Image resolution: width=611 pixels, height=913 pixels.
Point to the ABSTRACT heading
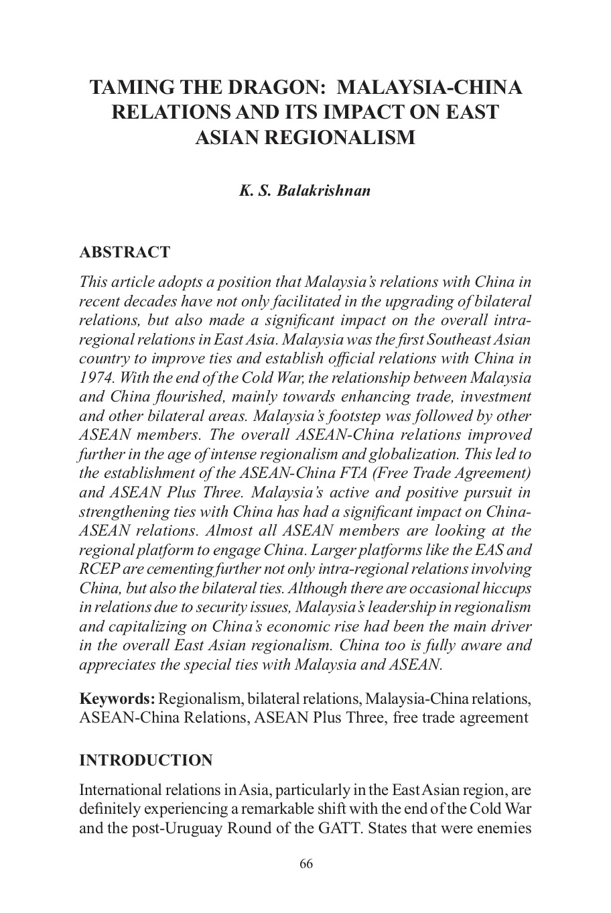click(125, 253)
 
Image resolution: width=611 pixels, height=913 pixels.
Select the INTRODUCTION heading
click(146, 760)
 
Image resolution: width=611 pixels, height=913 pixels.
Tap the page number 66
click(306, 863)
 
